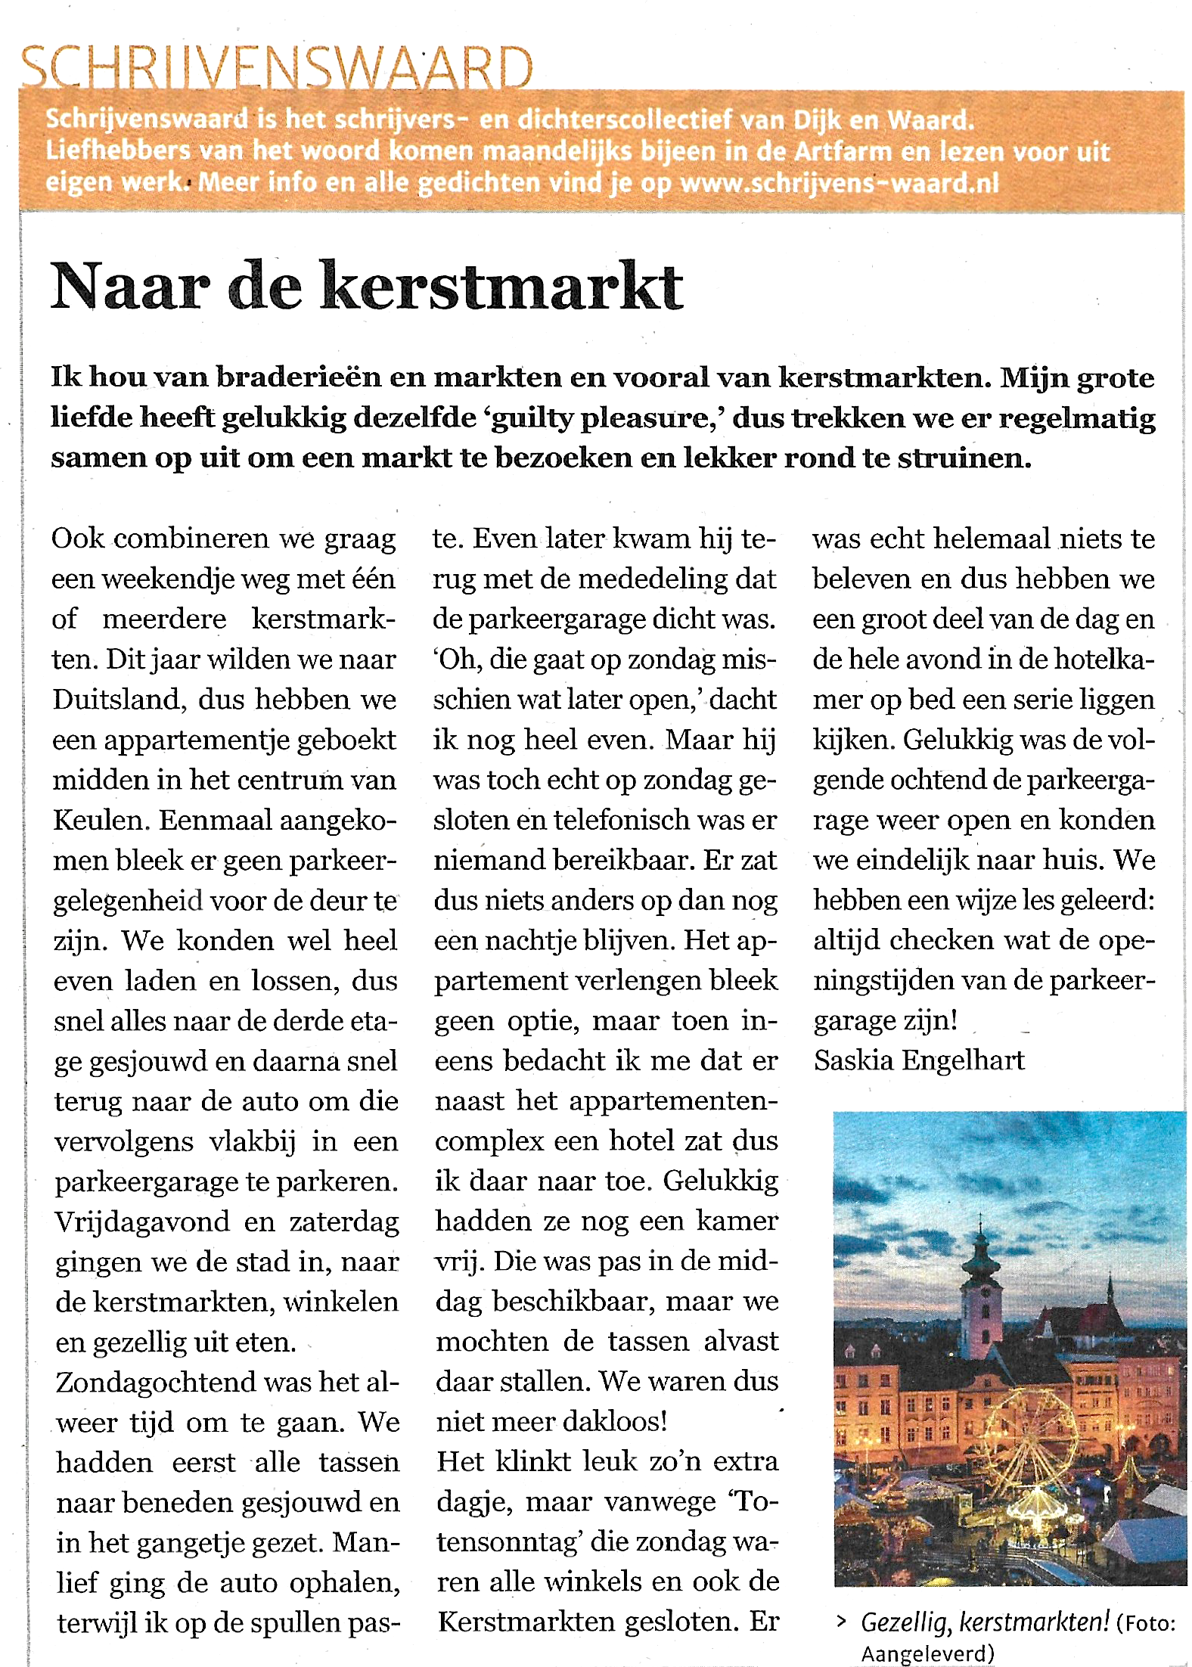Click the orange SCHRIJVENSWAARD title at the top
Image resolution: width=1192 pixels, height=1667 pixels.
coord(277,68)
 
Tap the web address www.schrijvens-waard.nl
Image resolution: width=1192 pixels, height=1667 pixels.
coord(839,184)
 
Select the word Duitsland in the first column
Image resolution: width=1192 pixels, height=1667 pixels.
coord(120,700)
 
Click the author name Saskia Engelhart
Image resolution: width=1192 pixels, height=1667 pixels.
coord(919,1060)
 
